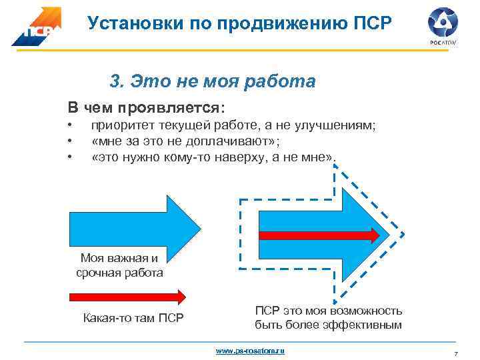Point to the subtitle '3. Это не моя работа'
[x=212, y=82]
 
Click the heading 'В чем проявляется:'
[x=146, y=107]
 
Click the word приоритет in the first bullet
[x=122, y=125]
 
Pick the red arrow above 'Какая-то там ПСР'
[x=127, y=295]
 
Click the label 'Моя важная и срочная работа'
[x=119, y=265]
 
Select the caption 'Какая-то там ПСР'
[x=133, y=317]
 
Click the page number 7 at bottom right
[x=455, y=353]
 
